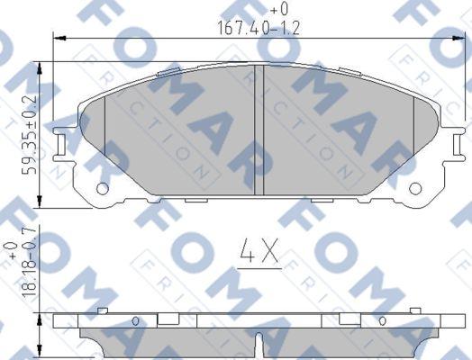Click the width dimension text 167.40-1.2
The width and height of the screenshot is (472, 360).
coord(257,27)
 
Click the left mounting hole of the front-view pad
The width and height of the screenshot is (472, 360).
coord(102,188)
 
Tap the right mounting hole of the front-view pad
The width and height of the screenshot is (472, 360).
coord(415,188)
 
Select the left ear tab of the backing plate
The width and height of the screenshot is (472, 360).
coord(61,141)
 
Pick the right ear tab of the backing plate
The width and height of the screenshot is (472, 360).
coord(456,141)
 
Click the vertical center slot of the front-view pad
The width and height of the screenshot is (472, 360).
coord(259,130)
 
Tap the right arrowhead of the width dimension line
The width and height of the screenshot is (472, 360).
coord(458,37)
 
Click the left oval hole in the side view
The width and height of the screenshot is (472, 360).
coord(135,321)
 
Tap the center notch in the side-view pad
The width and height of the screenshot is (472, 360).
coord(259,343)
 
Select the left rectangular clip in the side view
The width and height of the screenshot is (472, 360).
coord(168,319)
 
